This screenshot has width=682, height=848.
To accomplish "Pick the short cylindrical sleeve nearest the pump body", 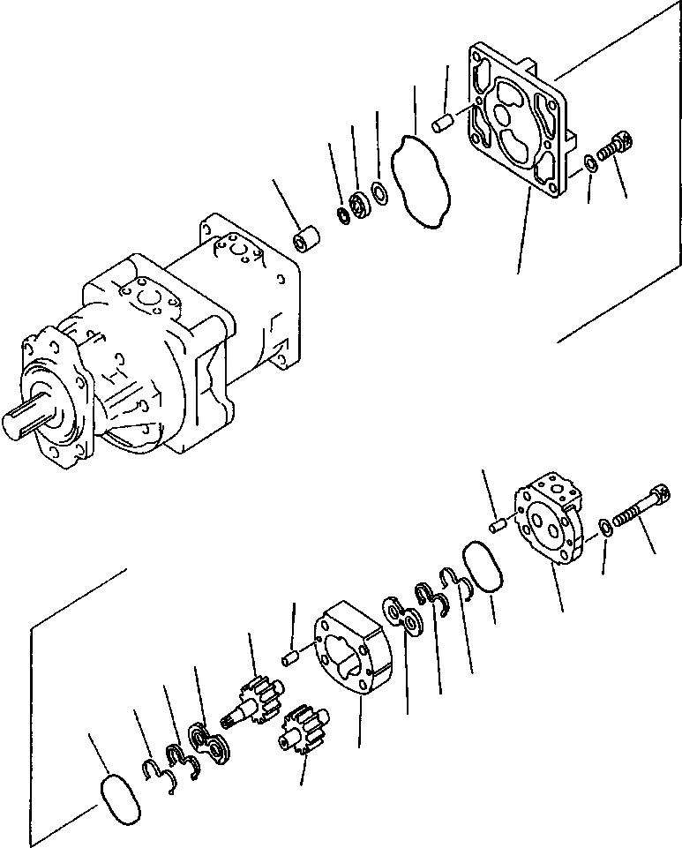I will coord(306,240).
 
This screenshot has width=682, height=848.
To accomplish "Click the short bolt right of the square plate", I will coord(616,146).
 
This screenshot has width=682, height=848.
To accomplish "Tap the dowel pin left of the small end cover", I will coord(497,526).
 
